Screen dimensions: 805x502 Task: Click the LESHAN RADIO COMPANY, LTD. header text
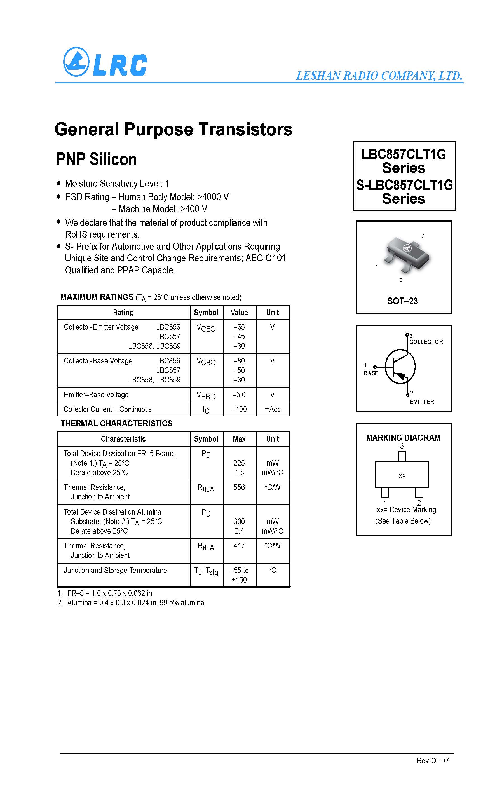point(379,76)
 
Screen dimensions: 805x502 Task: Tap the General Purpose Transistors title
point(173,129)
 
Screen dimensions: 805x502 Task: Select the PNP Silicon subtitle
point(96,159)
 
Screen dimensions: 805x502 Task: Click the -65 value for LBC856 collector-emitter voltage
point(239,327)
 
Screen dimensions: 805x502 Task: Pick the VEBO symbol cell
point(206,395)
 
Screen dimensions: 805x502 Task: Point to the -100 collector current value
point(239,409)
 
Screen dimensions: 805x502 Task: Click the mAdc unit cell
point(272,409)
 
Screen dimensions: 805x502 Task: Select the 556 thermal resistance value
point(239,487)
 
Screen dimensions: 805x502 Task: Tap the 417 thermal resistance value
point(239,546)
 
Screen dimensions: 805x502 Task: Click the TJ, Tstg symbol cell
point(206,571)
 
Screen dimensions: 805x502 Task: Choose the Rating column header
point(123,312)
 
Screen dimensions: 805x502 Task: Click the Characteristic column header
point(123,439)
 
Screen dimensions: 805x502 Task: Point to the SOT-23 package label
point(402,301)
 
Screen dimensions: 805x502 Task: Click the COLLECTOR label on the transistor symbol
point(426,342)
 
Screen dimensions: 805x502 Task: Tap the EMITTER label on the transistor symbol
point(422,402)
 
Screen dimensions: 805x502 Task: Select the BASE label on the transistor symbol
point(371,373)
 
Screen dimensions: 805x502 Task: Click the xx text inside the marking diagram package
point(402,476)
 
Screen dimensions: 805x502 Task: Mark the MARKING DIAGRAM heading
point(403,438)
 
